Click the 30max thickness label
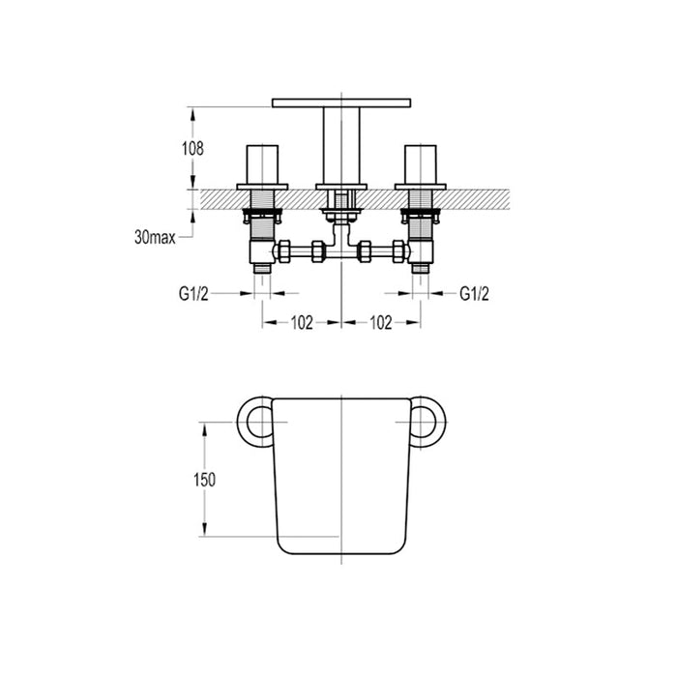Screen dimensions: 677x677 155,235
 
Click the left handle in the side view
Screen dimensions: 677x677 262,166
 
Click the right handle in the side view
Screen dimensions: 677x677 421,166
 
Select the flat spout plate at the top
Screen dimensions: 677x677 341,102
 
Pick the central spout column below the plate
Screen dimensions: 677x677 341,143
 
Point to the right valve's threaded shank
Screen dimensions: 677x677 421,224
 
